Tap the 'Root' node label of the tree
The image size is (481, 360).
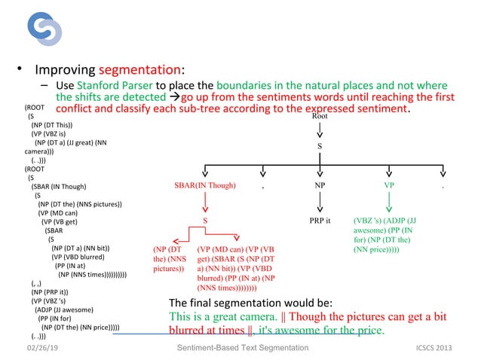coord(320,117)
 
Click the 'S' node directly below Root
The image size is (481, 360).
coord(319,145)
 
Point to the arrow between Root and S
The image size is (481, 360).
coord(320,131)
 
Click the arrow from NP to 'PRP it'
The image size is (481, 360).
coord(320,202)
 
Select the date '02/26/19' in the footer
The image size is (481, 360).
coord(42,347)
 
